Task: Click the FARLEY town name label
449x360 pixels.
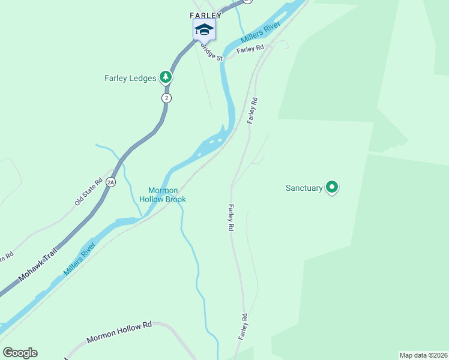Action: pyautogui.click(x=206, y=16)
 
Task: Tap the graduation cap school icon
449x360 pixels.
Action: pyautogui.click(x=204, y=29)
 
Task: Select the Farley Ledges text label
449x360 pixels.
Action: pyautogui.click(x=130, y=78)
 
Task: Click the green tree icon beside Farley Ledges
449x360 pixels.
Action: pyautogui.click(x=166, y=77)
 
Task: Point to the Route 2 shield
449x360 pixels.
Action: pyautogui.click(x=166, y=98)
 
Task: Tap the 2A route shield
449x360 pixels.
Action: pyautogui.click(x=110, y=182)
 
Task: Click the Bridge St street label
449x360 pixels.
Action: pyautogui.click(x=212, y=55)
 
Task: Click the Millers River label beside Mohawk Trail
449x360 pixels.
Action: pyautogui.click(x=79, y=259)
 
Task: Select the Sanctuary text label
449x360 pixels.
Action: pyautogui.click(x=304, y=188)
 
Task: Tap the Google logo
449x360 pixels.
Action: pyautogui.click(x=20, y=353)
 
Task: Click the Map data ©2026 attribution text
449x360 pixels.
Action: pyautogui.click(x=423, y=355)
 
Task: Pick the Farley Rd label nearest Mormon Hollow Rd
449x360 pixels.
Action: pyautogui.click(x=244, y=327)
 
